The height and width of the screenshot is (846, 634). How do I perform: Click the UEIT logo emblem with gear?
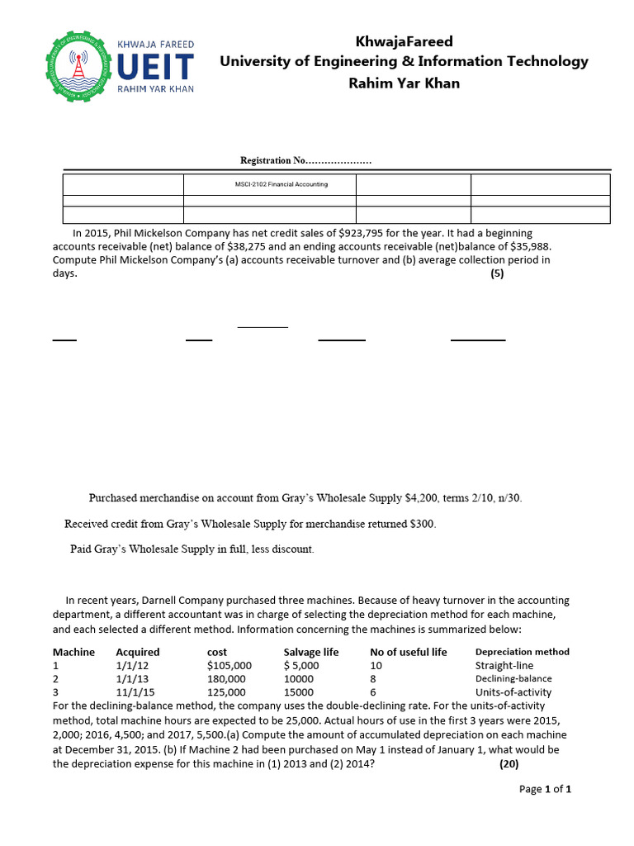(79, 66)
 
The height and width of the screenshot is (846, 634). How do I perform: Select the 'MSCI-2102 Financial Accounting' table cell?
(282, 184)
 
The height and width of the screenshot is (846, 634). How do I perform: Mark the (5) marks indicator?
(496, 274)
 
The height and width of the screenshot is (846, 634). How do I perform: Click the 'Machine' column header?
(73, 652)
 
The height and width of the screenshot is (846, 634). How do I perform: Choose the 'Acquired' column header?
(138, 652)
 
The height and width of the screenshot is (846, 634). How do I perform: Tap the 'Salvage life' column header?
(310, 652)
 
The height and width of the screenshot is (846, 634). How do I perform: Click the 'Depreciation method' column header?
(522, 652)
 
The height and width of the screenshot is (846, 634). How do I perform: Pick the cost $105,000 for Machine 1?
(229, 665)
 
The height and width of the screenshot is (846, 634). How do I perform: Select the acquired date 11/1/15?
(135, 692)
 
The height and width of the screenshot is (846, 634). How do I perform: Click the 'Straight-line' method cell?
(504, 665)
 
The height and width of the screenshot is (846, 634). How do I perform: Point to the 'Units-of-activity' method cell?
(513, 692)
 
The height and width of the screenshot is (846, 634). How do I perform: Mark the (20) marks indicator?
(509, 764)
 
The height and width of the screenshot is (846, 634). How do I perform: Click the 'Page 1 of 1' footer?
(545, 789)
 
